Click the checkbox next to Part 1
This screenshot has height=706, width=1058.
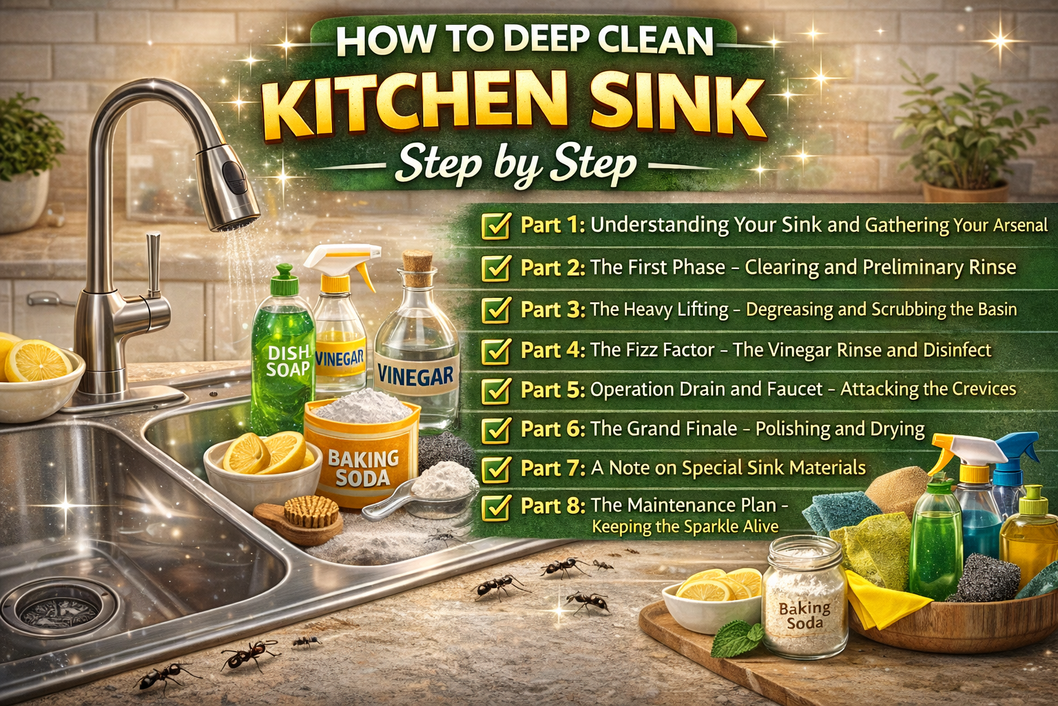tap(495, 225)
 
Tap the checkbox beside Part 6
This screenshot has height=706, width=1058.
tap(495, 430)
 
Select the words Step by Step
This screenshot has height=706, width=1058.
tap(515, 165)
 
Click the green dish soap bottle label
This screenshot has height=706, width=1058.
tap(288, 361)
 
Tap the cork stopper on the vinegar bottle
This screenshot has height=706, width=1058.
tap(417, 262)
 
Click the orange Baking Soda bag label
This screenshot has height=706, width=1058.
tap(362, 467)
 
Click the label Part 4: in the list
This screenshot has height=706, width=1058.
tap(552, 350)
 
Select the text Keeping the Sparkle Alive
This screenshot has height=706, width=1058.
tap(685, 527)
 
